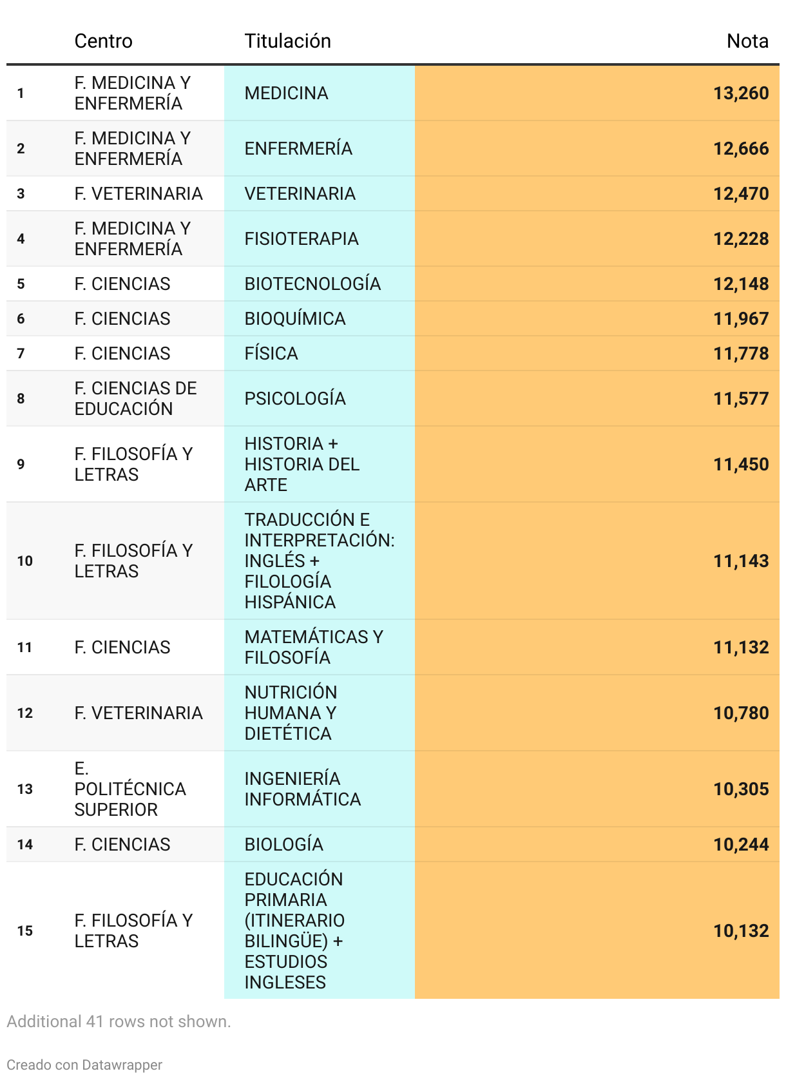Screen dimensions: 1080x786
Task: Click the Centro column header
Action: [103, 41]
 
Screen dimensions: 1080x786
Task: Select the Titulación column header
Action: [287, 41]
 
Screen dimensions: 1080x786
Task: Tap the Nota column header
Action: [747, 41]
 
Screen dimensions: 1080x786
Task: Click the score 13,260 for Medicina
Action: [740, 93]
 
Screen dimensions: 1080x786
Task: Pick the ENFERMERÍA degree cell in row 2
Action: [298, 149]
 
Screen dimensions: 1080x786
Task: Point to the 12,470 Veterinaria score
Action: [740, 194]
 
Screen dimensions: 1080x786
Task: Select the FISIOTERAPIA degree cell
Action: [301, 239]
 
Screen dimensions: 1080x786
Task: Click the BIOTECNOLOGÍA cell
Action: [312, 284]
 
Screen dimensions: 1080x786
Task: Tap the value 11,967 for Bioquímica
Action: [740, 319]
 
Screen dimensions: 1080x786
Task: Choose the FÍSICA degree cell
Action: [271, 354]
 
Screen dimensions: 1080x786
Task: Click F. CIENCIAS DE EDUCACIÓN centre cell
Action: [135, 399]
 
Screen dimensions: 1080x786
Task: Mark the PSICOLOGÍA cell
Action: [295, 399]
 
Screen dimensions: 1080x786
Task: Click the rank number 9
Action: [21, 465]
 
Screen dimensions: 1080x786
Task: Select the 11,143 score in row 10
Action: [740, 561]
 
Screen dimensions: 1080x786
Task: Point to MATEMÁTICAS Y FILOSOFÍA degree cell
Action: [314, 648]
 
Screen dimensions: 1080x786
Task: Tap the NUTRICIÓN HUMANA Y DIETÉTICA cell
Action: [291, 713]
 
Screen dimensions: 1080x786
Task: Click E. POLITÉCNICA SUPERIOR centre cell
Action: [129, 789]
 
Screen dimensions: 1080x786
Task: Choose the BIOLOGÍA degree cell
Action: [283, 845]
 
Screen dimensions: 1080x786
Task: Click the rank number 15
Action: [25, 931]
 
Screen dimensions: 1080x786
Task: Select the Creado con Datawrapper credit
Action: [84, 1065]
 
